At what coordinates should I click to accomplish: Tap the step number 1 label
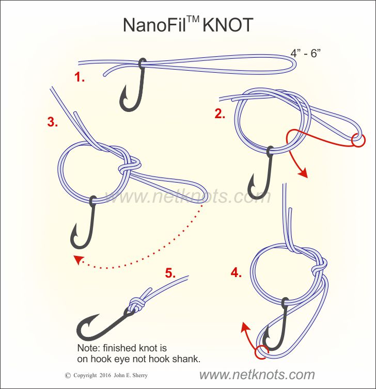(x=79, y=78)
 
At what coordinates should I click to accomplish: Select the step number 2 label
(x=220, y=115)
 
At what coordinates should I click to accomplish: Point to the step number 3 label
(x=52, y=122)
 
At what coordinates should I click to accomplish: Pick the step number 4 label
(x=236, y=273)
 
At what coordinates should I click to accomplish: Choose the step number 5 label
(x=171, y=272)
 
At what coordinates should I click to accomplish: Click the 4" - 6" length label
(x=307, y=53)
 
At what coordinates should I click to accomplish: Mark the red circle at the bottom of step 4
(x=261, y=352)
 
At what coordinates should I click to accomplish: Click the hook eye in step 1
(x=142, y=63)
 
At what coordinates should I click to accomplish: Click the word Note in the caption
(x=86, y=348)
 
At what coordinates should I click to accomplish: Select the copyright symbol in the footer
(x=67, y=376)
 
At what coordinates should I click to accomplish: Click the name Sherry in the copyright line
(x=156, y=376)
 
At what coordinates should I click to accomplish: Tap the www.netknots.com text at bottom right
(x=257, y=375)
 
